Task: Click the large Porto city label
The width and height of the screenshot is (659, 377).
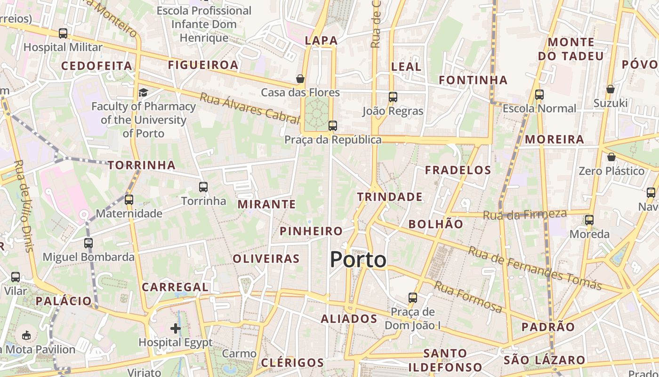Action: point(358,260)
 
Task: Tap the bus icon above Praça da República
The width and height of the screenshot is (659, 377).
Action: point(333,125)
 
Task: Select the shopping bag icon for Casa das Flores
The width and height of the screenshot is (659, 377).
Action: point(300,78)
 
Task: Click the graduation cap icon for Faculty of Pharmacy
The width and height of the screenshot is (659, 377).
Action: point(143,92)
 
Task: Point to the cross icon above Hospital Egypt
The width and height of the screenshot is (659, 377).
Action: point(176,328)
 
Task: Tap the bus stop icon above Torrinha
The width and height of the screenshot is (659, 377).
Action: point(203,187)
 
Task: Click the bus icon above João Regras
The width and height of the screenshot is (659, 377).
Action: point(393,97)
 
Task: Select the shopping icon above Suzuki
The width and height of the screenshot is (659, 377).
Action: point(611,89)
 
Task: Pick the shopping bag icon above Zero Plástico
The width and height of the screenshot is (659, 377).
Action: point(611,157)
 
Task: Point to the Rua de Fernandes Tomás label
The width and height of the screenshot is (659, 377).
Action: point(535,268)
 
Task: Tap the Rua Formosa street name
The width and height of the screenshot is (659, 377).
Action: point(468,297)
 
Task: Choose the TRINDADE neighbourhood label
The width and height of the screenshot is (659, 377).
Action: point(390,197)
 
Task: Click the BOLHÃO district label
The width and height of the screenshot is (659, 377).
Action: point(436,224)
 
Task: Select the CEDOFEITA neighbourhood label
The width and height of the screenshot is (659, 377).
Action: point(97,66)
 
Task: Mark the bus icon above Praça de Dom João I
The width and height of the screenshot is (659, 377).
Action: point(413,298)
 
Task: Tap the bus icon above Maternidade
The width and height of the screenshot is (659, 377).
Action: point(129,200)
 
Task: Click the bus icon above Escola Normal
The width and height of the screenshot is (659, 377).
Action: point(539,95)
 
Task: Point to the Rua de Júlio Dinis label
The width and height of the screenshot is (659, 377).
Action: point(24,205)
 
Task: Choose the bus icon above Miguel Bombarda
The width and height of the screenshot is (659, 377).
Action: point(88,243)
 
